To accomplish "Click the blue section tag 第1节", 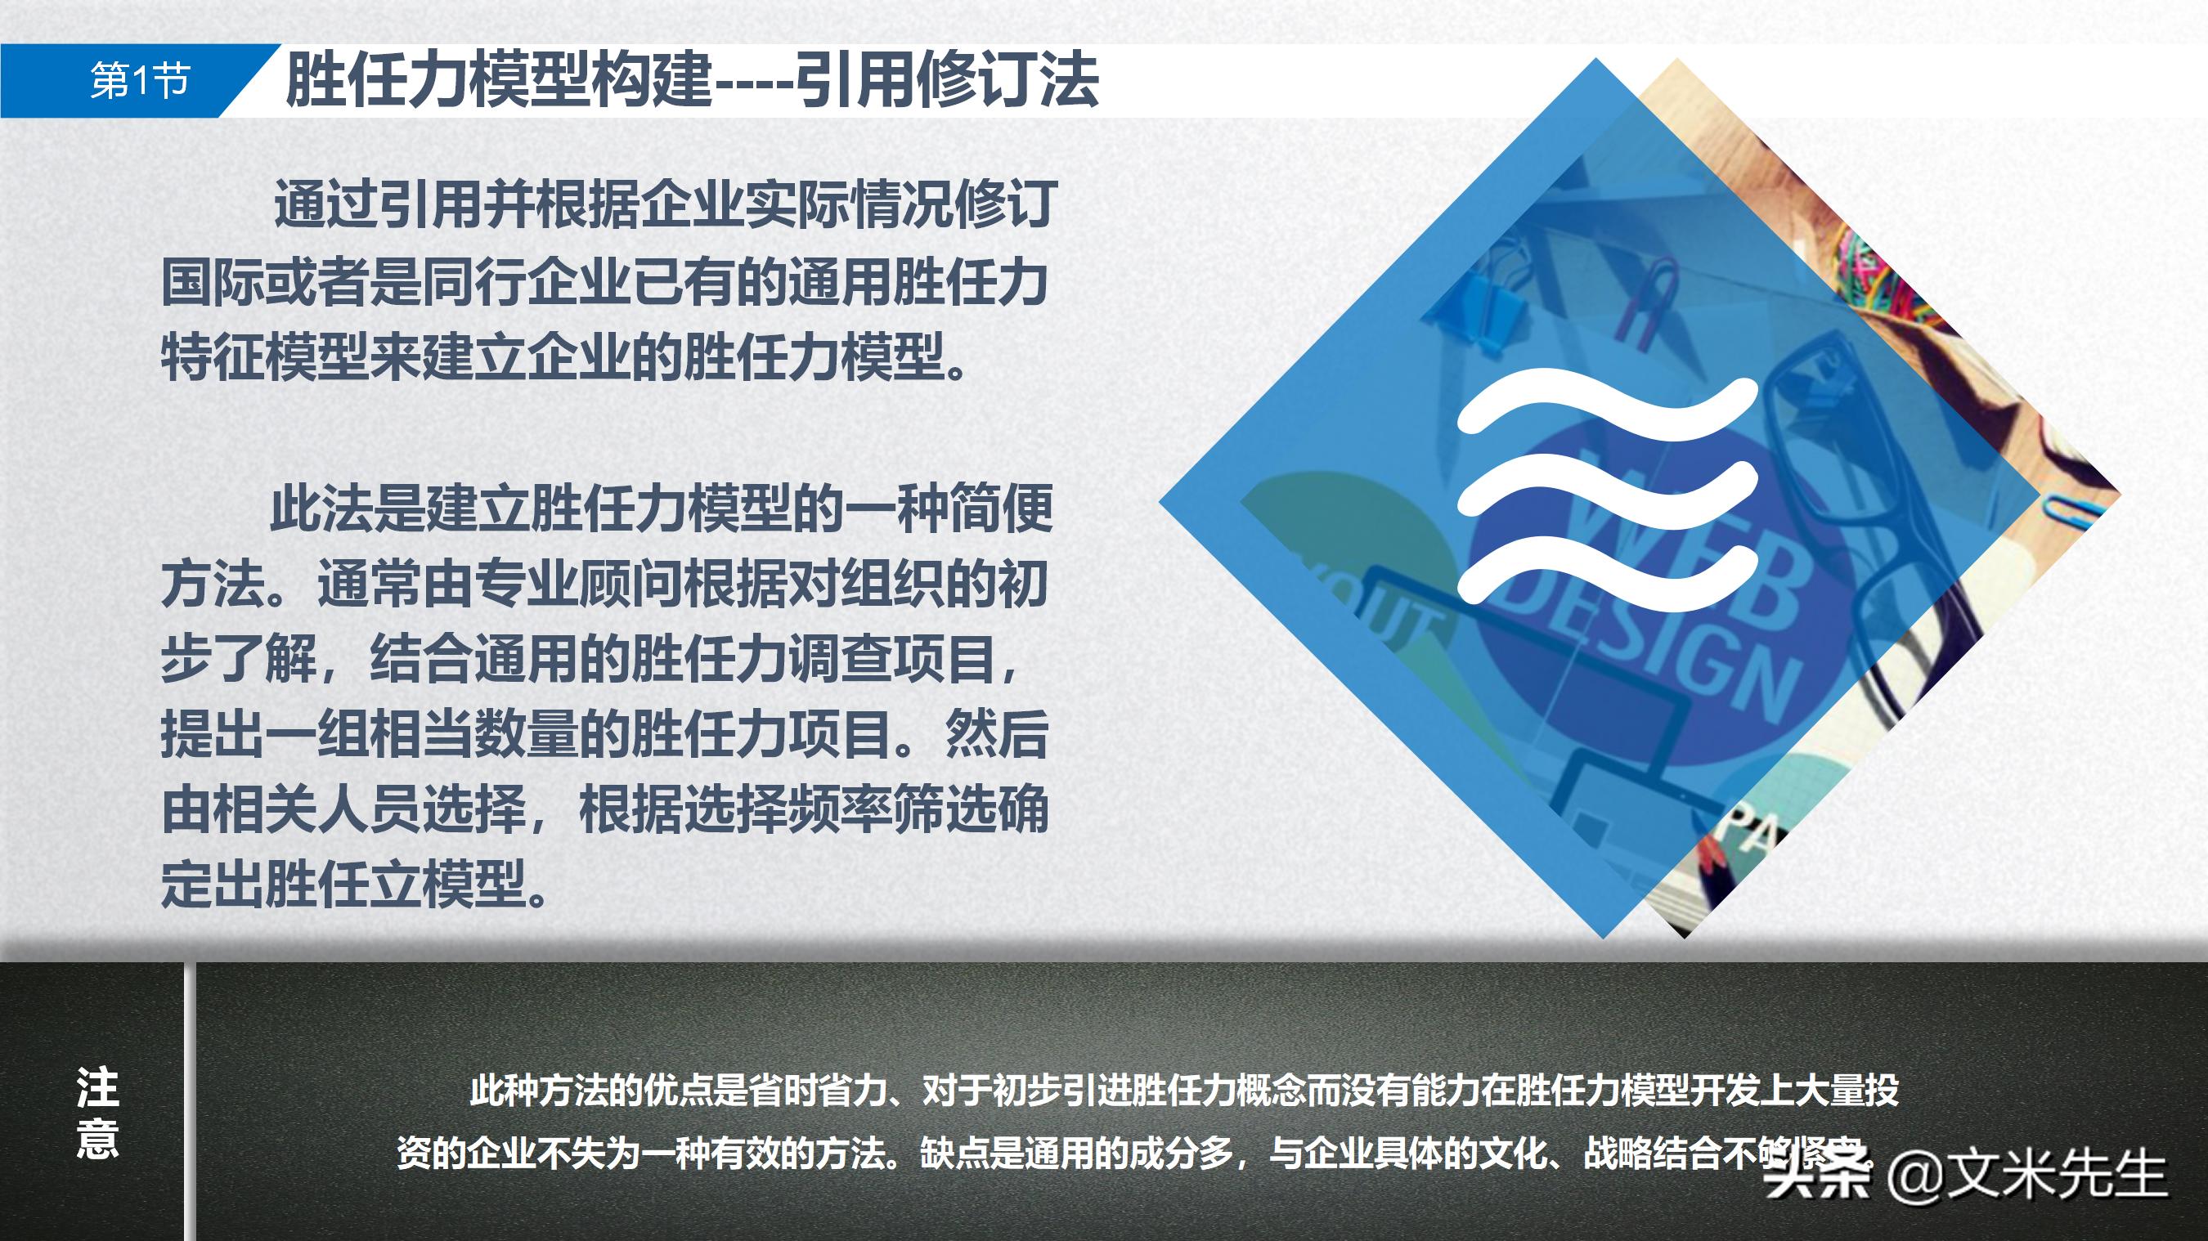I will click(139, 82).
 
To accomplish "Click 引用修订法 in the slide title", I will click(947, 82).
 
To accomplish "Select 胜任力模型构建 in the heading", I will click(497, 82).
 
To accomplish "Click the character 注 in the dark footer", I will click(97, 1086).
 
